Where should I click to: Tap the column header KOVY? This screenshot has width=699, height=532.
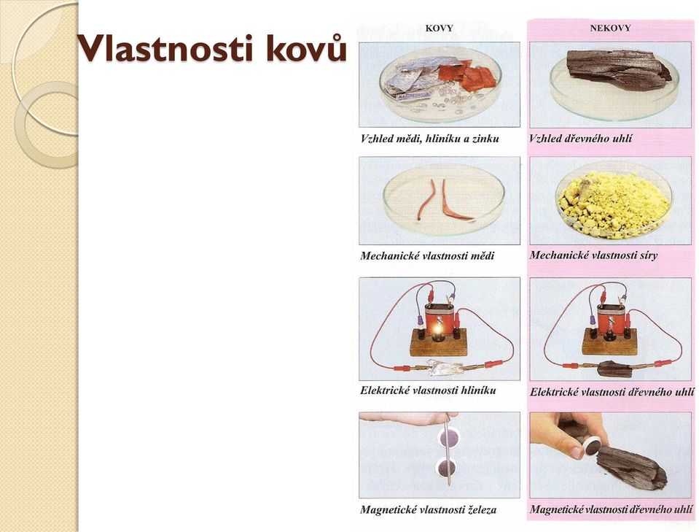coord(439,28)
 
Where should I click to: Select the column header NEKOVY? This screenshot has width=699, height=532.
coord(610,28)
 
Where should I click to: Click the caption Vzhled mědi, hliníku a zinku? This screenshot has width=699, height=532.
coord(430,139)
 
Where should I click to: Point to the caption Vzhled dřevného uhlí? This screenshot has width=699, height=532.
coord(581,139)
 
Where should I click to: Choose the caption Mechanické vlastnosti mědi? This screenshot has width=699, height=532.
coord(427,256)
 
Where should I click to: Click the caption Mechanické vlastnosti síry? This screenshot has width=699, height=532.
coord(593,255)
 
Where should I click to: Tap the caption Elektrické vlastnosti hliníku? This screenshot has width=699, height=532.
coord(428,390)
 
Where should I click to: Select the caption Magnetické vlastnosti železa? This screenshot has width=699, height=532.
coord(428,509)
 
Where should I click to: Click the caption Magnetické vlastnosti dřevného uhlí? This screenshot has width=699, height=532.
coord(612,509)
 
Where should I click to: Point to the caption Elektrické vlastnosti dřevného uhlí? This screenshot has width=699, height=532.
coord(612,392)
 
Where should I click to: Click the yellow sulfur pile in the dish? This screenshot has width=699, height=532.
coord(614,201)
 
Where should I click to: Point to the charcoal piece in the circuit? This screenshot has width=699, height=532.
coord(614,369)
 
